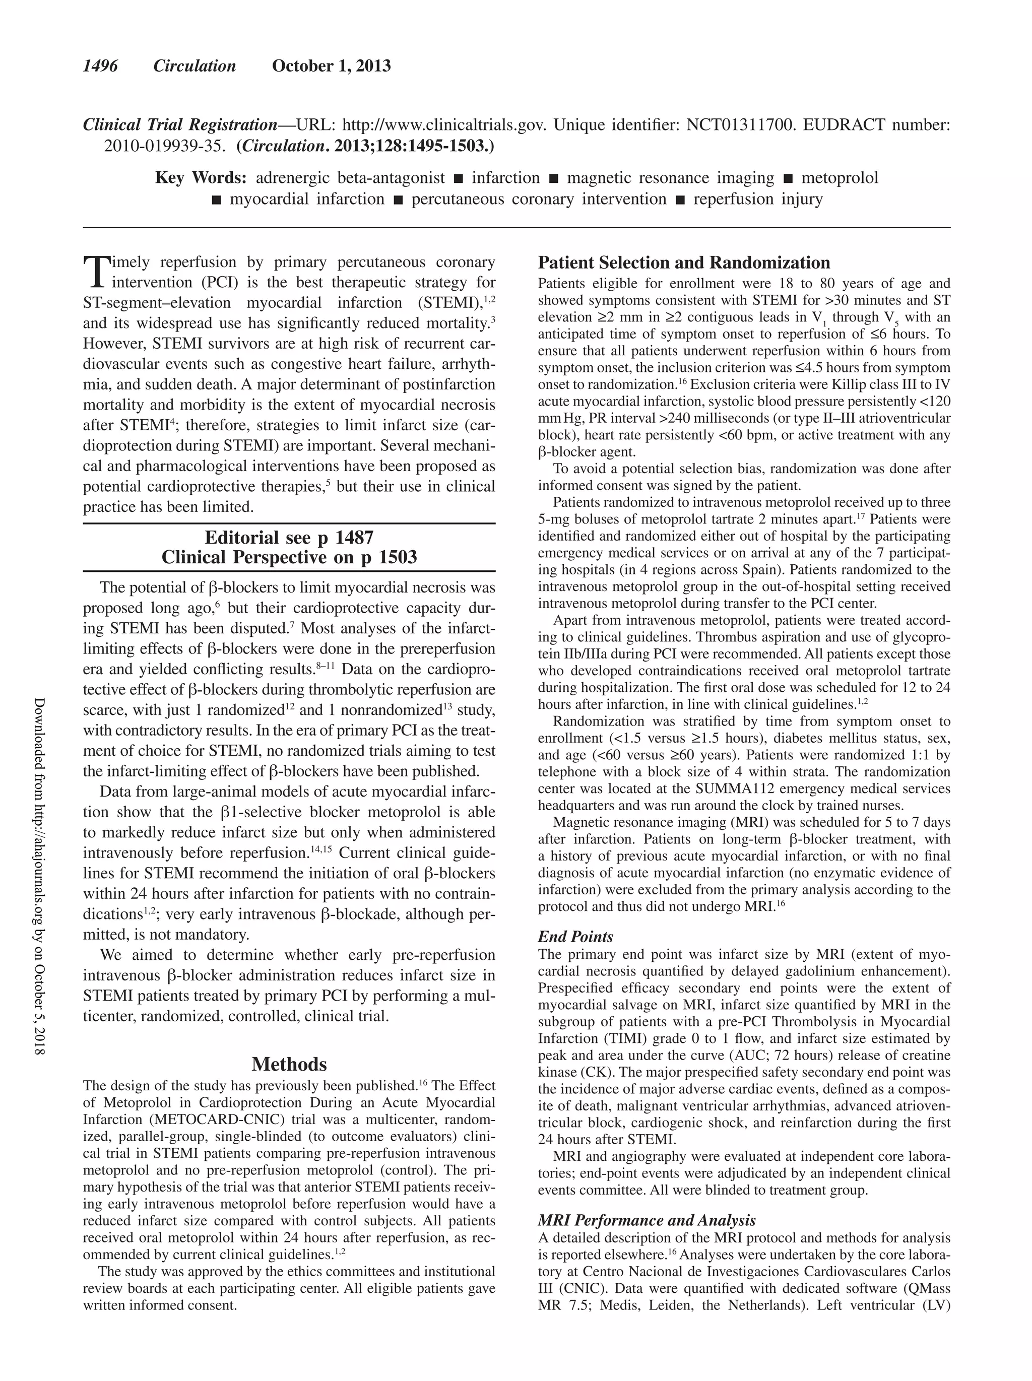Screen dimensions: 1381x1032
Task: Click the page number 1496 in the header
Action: (x=100, y=66)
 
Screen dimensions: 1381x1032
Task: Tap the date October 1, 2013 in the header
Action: (x=331, y=66)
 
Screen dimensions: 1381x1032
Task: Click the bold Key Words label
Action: (x=201, y=178)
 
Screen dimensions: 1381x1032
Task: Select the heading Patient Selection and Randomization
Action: (x=684, y=262)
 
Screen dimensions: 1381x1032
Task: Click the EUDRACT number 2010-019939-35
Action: (x=164, y=146)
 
